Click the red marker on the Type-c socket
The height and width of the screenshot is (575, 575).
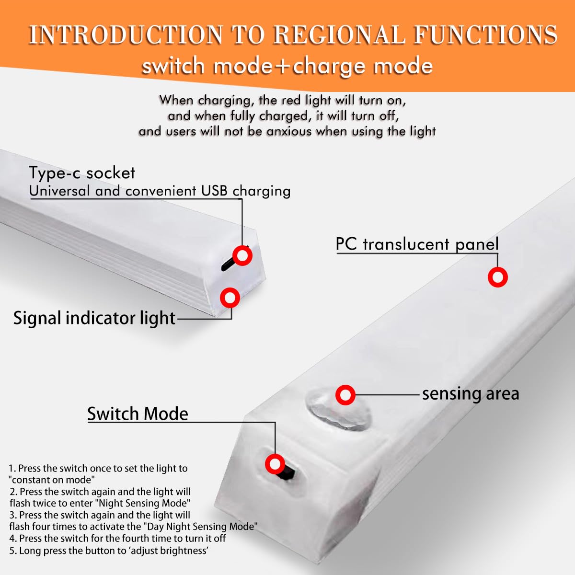tap(242, 255)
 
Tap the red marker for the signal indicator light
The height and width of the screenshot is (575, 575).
tap(230, 298)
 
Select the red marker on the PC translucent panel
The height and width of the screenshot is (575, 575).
tap(498, 277)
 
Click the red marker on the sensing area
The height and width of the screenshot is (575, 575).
tap(345, 395)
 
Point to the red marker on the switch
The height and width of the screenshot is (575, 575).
tap(275, 464)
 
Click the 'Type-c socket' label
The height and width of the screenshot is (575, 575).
tap(82, 173)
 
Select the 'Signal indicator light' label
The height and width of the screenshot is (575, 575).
tap(94, 318)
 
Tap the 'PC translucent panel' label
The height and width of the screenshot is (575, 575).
tap(417, 244)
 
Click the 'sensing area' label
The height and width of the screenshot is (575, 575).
tap(471, 394)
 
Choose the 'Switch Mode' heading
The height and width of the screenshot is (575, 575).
tap(138, 414)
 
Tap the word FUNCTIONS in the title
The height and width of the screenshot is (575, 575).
tap(485, 35)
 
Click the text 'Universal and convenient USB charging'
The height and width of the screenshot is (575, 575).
tap(160, 191)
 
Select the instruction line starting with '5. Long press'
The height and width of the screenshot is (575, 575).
tap(109, 551)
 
